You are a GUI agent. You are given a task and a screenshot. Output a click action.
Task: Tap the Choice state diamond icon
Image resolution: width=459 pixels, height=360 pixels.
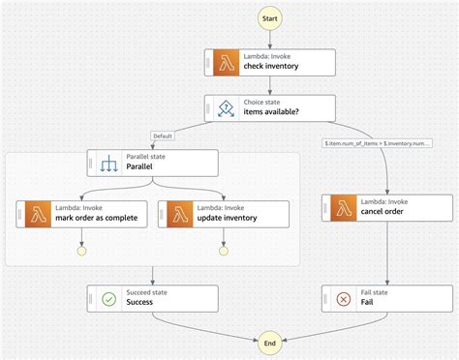225,107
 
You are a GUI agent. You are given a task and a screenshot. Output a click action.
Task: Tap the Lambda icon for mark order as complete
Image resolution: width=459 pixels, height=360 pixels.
37,213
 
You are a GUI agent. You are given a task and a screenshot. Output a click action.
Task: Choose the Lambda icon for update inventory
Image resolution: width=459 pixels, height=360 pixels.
180,213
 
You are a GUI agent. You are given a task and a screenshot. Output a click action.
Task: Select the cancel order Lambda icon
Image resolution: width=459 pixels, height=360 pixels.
343,207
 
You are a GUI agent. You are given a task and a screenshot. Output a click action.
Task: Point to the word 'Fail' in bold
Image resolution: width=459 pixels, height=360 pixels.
367,302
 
